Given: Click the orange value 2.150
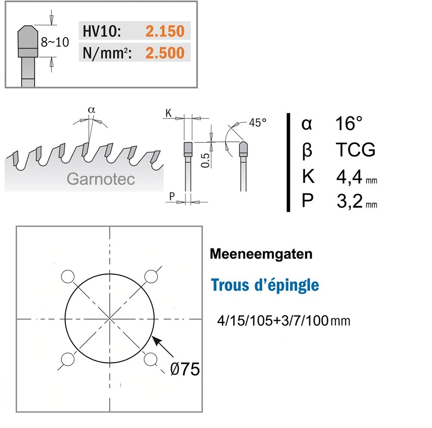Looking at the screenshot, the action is pos(165,31).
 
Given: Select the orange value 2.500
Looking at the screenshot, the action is pos(165,53).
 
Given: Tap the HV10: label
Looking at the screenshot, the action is pos(102,31).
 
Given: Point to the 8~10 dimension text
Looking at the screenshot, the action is pos(55,42).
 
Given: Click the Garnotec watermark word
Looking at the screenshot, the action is pos(101,179).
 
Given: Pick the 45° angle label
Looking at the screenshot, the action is pos(257,123).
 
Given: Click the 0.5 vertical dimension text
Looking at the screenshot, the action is pos(205,161).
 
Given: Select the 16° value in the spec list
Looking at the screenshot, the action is pos(349,124).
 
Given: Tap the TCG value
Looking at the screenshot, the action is pos(356,150).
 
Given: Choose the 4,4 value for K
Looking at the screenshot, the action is pos(349,177).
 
